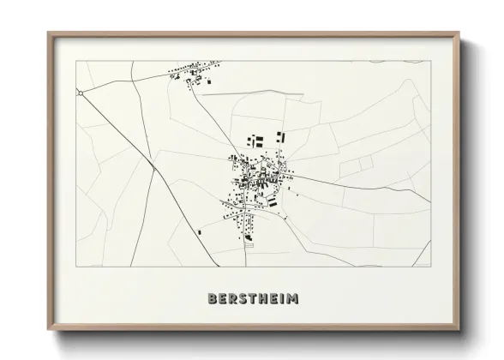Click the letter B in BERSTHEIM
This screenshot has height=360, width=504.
click(212, 298)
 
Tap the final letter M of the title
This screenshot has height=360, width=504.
click(293, 298)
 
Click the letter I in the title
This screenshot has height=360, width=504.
click(281, 298)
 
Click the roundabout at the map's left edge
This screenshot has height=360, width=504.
click(80, 91)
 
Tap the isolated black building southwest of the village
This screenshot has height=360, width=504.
click(200, 231)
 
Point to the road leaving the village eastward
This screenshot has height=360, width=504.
click(360, 185)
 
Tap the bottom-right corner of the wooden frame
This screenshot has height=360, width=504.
click(459, 331)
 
